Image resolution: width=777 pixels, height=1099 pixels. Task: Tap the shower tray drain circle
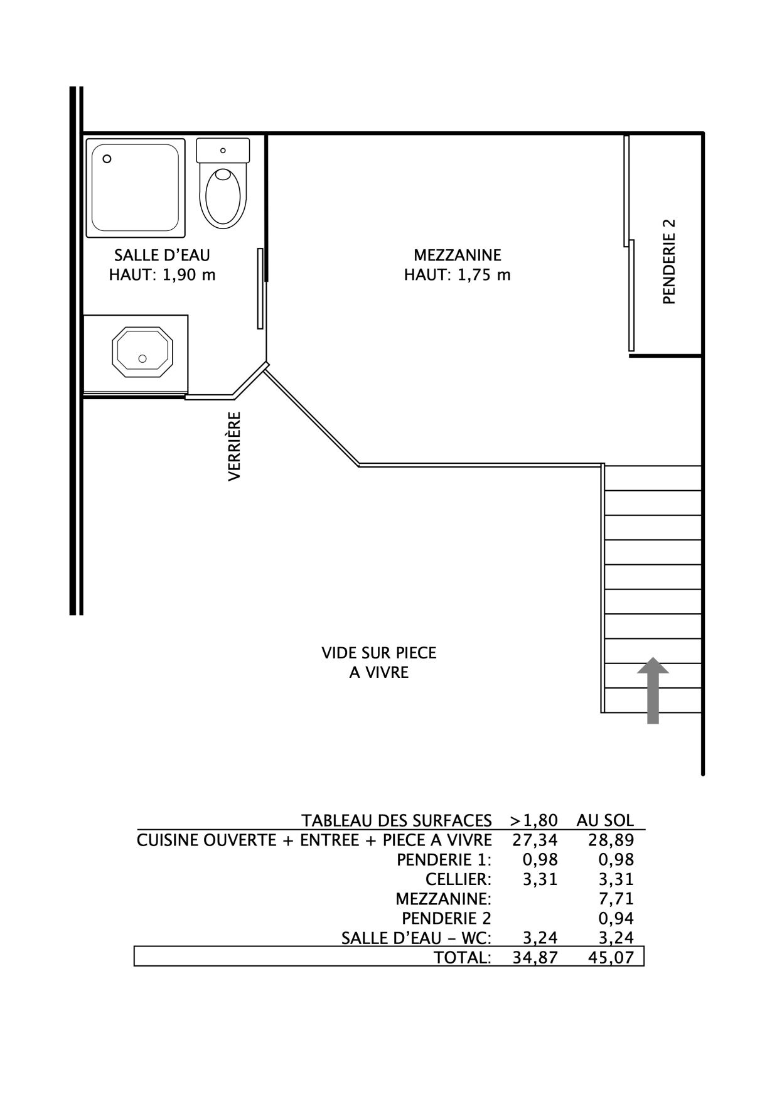click(x=107, y=159)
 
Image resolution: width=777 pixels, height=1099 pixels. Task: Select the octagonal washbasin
click(x=142, y=351)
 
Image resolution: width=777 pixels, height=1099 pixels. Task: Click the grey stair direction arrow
click(x=653, y=690)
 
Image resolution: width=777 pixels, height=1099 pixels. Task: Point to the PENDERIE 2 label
click(x=670, y=261)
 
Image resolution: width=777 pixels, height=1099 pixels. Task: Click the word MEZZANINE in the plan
click(x=458, y=255)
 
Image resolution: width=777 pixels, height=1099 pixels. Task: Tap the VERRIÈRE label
click(x=234, y=446)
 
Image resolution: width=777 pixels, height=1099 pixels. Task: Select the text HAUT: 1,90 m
click(x=163, y=275)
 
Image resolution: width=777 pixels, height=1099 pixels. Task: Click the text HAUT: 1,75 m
click(x=458, y=275)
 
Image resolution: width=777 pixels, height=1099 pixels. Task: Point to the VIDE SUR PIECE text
click(x=379, y=653)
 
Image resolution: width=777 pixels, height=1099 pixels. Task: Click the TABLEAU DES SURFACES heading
click(x=397, y=820)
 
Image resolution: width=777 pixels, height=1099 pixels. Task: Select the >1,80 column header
click(x=533, y=820)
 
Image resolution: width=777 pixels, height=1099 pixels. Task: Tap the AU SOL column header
click(x=606, y=820)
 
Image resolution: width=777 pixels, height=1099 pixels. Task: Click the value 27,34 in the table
click(x=535, y=840)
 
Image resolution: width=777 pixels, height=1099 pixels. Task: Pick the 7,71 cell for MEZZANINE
click(x=616, y=899)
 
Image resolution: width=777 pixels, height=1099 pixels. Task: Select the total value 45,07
click(x=612, y=957)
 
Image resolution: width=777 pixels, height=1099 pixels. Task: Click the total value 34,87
click(x=535, y=957)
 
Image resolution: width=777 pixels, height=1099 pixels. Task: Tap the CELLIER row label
click(x=458, y=879)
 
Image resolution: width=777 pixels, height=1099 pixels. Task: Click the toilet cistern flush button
click(x=223, y=151)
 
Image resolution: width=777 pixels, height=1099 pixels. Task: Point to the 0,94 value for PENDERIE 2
click(x=616, y=918)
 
